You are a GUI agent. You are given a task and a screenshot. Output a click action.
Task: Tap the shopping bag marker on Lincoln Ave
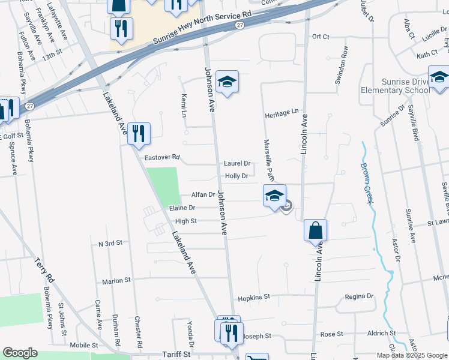click(x=315, y=231)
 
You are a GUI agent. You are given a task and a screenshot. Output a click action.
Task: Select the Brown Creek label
click(x=366, y=183)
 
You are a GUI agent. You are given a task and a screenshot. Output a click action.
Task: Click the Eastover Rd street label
click(x=163, y=157)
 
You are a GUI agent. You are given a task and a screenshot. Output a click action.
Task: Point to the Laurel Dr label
click(x=237, y=163)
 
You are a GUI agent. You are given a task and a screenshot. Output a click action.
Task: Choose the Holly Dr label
click(x=237, y=176)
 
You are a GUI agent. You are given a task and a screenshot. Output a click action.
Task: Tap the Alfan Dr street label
click(x=203, y=194)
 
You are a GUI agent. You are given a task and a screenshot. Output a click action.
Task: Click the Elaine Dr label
click(x=182, y=208)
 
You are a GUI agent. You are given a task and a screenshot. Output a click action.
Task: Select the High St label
click(x=185, y=221)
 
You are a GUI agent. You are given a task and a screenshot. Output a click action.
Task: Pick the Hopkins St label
click(x=254, y=296)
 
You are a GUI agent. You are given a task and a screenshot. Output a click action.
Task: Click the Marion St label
click(x=116, y=281)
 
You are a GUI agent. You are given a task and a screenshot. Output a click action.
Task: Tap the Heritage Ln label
click(x=282, y=112)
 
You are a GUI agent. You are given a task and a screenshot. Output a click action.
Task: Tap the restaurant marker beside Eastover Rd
click(x=139, y=134)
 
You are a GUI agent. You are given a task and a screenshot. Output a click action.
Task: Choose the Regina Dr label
click(x=359, y=296)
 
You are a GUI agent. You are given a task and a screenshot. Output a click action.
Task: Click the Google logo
click(x=20, y=353)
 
